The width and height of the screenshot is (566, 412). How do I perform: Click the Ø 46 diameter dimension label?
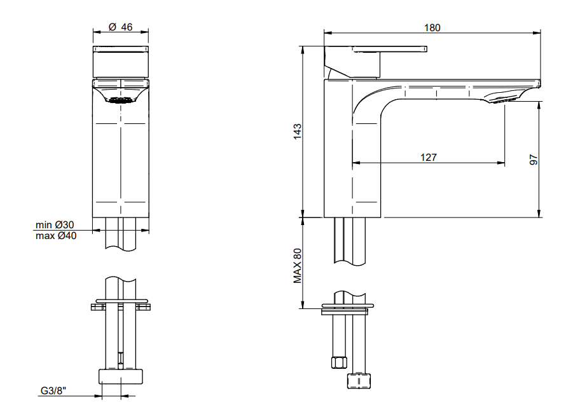pyautogui.click(x=121, y=27)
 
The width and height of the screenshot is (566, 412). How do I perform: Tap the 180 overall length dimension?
pyautogui.click(x=432, y=28)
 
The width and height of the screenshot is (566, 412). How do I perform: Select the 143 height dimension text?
pyautogui.click(x=297, y=132)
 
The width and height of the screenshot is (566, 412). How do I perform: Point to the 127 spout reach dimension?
pyautogui.click(x=429, y=157)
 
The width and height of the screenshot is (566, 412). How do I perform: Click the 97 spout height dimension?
pyautogui.click(x=534, y=160)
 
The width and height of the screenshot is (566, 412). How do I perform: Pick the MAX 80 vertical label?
pyautogui.click(x=297, y=266)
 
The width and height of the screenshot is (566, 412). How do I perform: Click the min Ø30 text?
pyautogui.click(x=55, y=225)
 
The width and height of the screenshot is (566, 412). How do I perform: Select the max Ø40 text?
pyautogui.click(x=56, y=236)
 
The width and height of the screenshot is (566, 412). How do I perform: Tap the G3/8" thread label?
pyautogui.click(x=53, y=390)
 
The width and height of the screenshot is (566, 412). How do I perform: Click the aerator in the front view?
pyautogui.click(x=121, y=100)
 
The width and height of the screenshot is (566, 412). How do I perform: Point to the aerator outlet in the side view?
pyautogui.click(x=502, y=99)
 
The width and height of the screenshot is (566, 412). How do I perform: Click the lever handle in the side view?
pyautogui.click(x=375, y=62)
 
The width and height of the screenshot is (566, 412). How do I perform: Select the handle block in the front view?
pyautogui.click(x=121, y=62)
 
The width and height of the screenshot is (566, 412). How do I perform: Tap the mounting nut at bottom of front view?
pyautogui.click(x=121, y=376)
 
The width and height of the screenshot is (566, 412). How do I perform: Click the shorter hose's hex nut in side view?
pyautogui.click(x=339, y=362)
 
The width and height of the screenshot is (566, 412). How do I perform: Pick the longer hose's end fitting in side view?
pyautogui.click(x=359, y=381)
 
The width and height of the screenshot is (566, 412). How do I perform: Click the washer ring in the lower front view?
pyautogui.click(x=121, y=301)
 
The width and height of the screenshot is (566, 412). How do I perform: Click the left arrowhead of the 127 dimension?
pyautogui.click(x=356, y=163)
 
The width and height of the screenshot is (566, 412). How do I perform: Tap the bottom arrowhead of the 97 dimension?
pyautogui.click(x=539, y=213)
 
